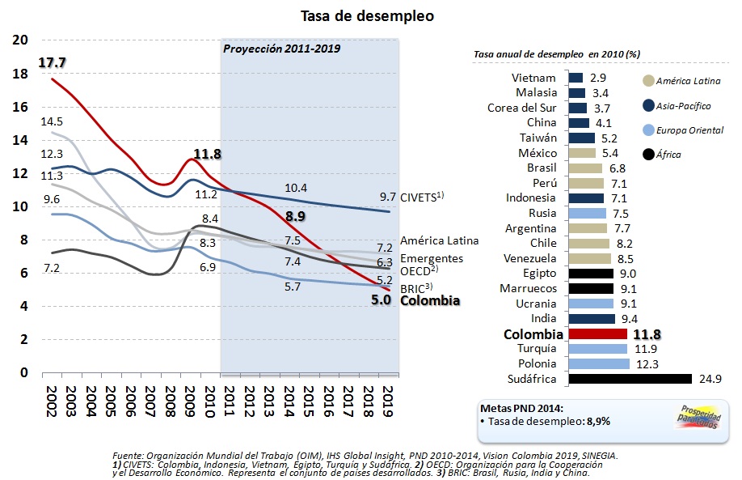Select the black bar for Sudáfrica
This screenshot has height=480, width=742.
630,378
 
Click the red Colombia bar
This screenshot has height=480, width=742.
598,333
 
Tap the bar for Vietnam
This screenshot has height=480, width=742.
576,78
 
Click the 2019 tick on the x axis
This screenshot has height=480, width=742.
388,400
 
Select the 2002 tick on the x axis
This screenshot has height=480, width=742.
50,400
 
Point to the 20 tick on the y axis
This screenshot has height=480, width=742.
21,40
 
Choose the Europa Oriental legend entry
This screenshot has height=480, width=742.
689,130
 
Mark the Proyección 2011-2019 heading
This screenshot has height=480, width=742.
281,49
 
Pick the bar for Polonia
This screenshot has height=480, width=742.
599,363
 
